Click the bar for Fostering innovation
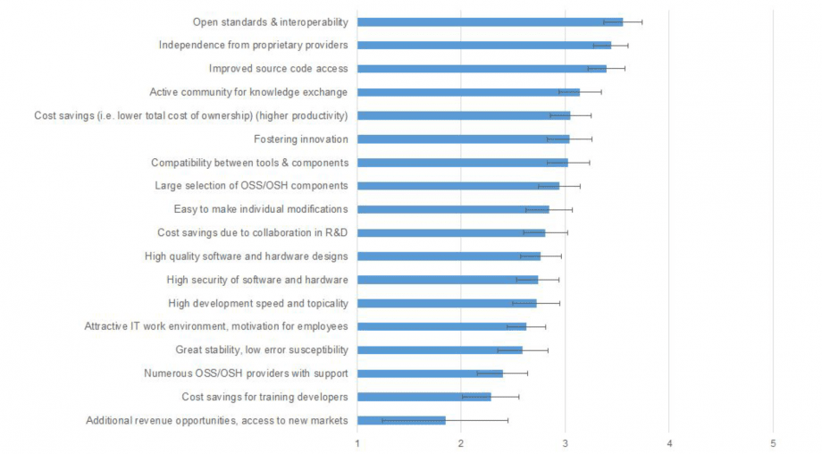[x=463, y=139]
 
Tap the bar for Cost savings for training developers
[x=424, y=397]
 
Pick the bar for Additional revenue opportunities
[x=401, y=420]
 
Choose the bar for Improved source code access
[x=482, y=68]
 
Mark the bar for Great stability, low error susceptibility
[x=440, y=349]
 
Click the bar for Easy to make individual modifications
[x=453, y=209]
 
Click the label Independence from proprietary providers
[x=253, y=45]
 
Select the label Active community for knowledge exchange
[x=248, y=92]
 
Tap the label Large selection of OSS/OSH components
[x=251, y=186]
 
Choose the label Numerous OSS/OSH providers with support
[x=246, y=374]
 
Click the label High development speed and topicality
[x=257, y=303]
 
